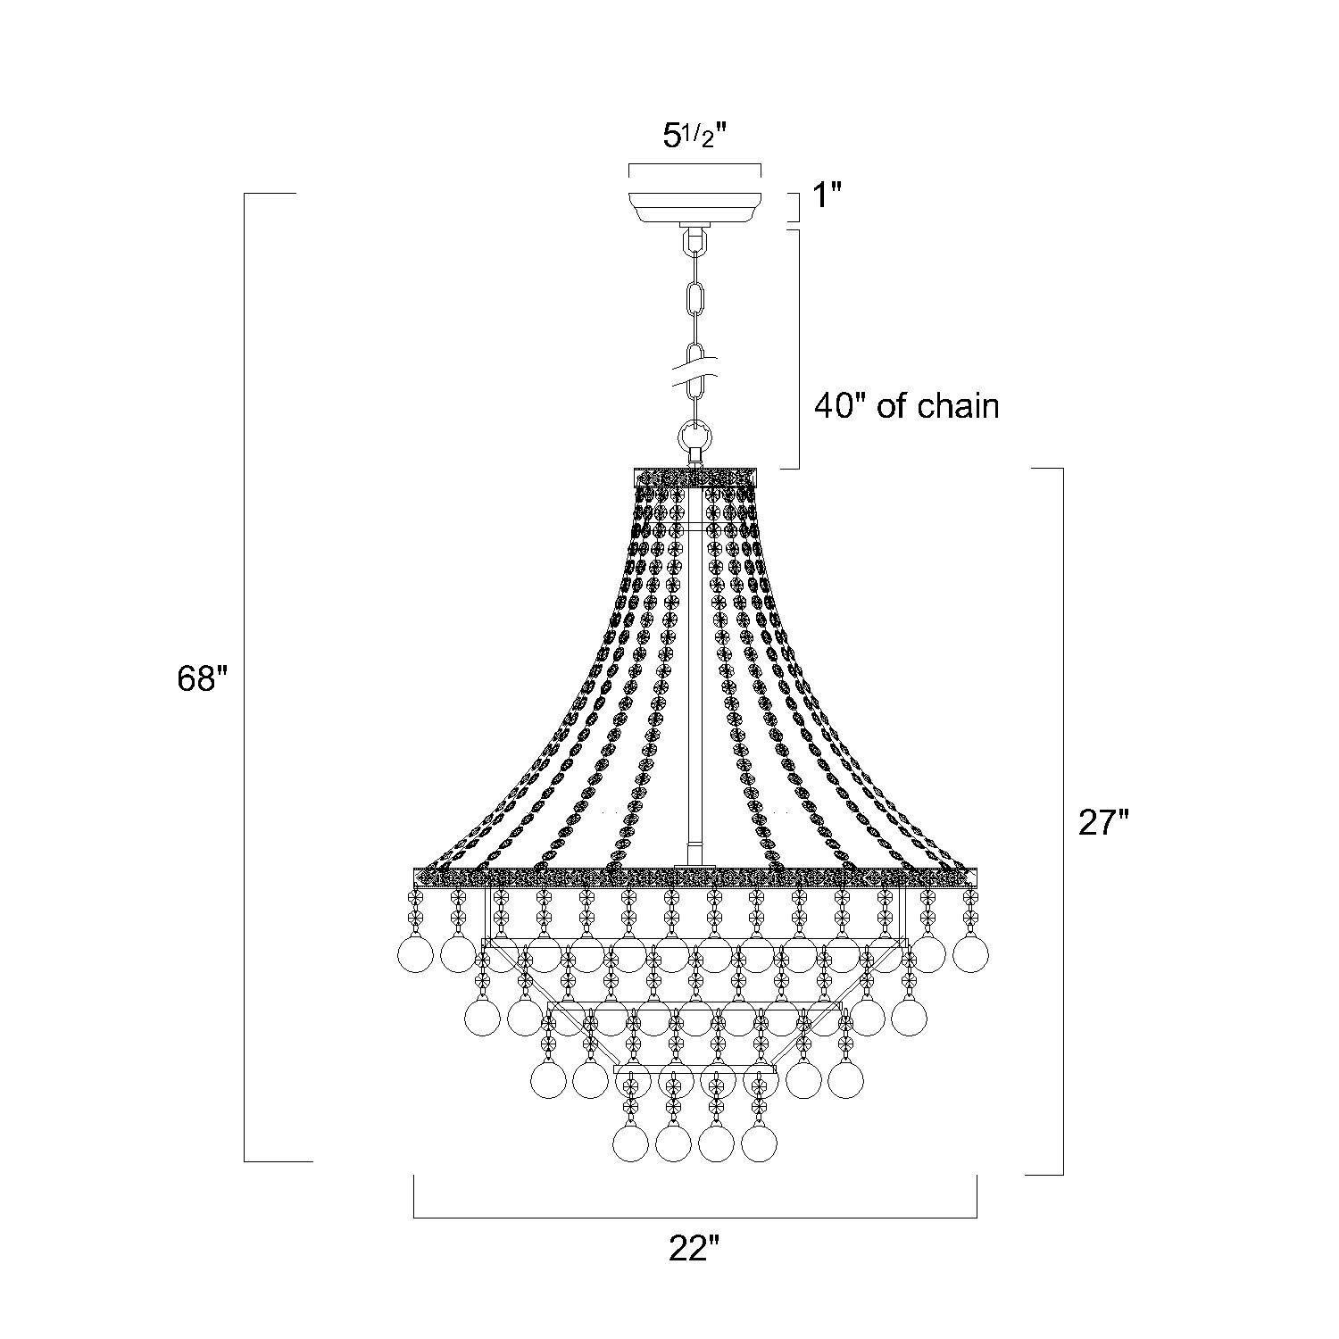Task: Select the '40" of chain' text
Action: coord(906,406)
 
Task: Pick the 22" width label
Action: coord(694,1248)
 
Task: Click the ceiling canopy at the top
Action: coord(694,205)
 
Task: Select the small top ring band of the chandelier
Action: coord(694,477)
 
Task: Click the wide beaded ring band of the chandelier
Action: coord(694,877)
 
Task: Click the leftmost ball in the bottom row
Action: coord(632,1144)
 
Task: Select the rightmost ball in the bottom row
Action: coord(759,1144)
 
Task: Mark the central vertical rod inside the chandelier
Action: coord(693,678)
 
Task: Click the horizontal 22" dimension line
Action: coord(694,1217)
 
